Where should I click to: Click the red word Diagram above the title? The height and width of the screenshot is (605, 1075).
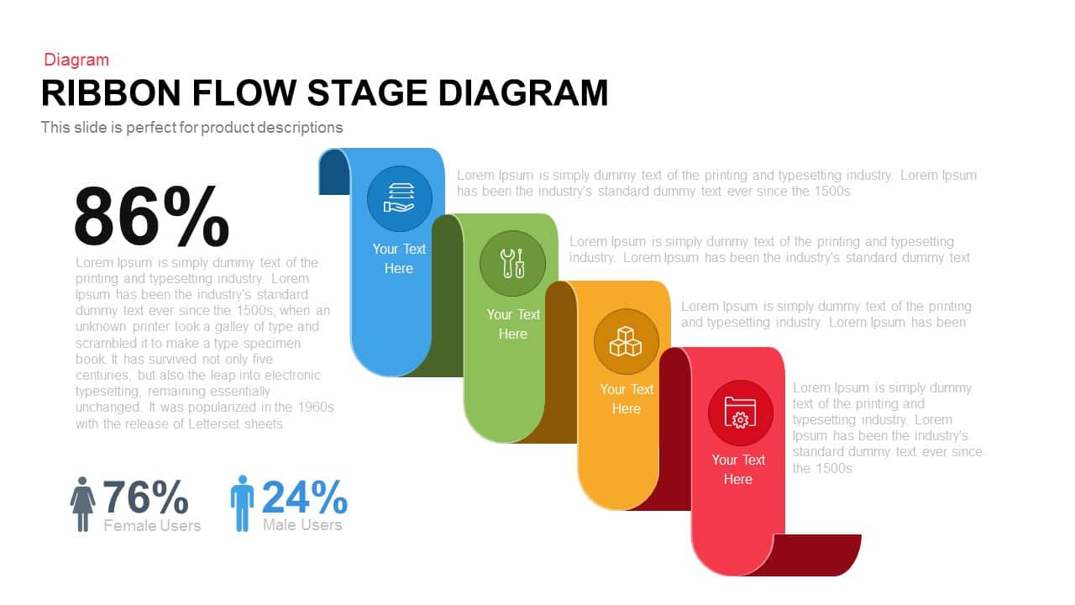coord(76,60)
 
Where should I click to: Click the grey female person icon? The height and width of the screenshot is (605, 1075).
coord(82,504)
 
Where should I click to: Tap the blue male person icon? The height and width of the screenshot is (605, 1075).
coord(242,503)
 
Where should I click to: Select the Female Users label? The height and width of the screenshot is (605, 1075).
coord(152,526)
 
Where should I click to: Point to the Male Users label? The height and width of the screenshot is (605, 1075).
coord(302,525)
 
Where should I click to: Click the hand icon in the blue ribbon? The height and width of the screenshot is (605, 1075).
coord(400,199)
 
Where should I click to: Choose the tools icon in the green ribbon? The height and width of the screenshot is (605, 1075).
coord(512,264)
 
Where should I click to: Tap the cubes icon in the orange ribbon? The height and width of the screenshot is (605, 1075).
coord(626,342)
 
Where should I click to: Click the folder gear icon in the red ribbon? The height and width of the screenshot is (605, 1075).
coord(739,413)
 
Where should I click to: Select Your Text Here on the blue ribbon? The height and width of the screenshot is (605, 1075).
coord(399,259)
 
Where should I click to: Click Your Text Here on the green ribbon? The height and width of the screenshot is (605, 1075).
coord(512,324)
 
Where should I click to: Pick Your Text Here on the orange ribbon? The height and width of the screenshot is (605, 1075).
coord(626,399)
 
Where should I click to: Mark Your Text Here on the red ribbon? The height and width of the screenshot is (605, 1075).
coord(738,470)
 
